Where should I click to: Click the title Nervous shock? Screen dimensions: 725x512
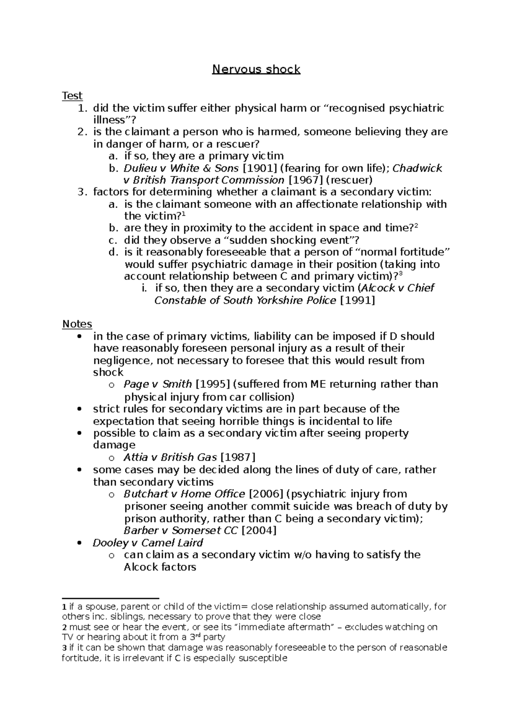coord(256,69)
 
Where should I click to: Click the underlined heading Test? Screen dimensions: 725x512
coord(72,96)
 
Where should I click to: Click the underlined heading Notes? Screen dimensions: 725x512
coord(77,324)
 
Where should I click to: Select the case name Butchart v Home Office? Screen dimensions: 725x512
coord(184,494)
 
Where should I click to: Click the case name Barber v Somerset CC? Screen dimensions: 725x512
coord(181,531)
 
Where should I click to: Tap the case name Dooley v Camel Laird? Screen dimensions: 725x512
coord(148,543)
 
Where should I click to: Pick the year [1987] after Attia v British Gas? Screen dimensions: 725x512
coord(240,458)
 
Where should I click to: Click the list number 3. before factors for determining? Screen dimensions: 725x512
coord(82,192)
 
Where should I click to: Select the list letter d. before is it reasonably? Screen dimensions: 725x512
coord(113,252)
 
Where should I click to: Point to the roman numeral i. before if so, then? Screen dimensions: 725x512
coord(144,288)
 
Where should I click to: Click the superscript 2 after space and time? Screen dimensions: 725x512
coord(416,226)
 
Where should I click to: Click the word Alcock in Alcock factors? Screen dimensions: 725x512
coord(141,567)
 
